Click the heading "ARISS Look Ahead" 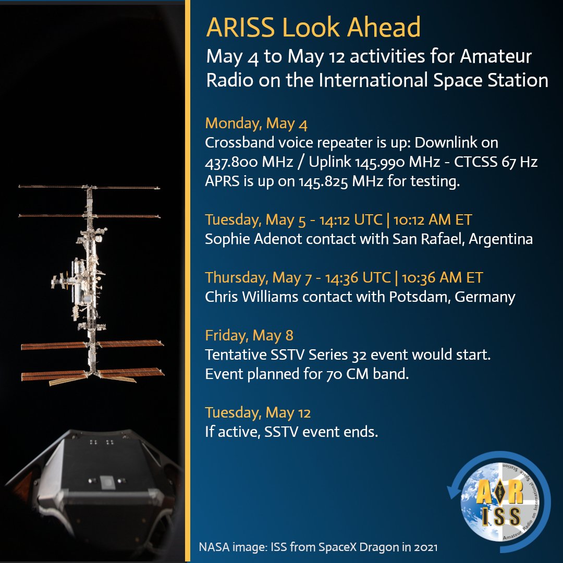[313, 27]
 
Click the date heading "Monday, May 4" [256, 124]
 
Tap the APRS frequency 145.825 [324, 181]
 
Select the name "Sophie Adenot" [253, 239]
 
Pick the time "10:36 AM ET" [443, 277]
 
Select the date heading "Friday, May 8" [249, 336]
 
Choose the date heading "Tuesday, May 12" [258, 413]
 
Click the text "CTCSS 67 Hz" [496, 162]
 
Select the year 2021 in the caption [426, 547]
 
